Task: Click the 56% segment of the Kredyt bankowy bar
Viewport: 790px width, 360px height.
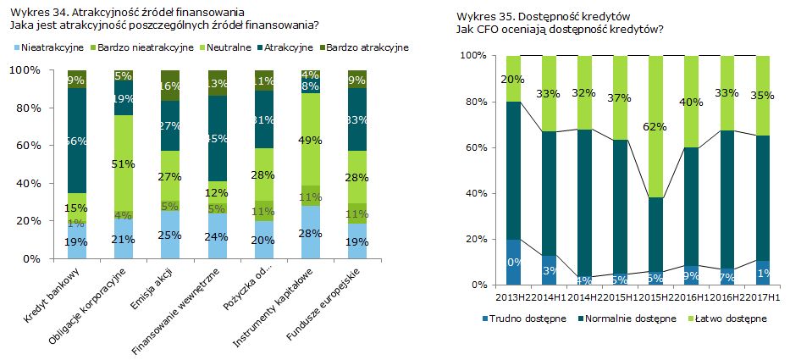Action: [x=77, y=141]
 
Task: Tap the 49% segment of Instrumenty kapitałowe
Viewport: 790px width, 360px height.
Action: [x=311, y=140]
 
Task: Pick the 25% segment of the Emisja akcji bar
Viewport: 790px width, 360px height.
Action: [x=170, y=235]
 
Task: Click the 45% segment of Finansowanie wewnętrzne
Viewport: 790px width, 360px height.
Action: [x=217, y=138]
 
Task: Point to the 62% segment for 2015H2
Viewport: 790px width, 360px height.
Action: [x=655, y=126]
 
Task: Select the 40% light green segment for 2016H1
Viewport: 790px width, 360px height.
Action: [x=690, y=102]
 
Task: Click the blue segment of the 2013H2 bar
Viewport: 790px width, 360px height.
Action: [x=512, y=263]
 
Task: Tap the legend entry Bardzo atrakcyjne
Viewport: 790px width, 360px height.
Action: [x=365, y=47]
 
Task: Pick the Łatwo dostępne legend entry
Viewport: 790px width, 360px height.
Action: [x=729, y=318]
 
